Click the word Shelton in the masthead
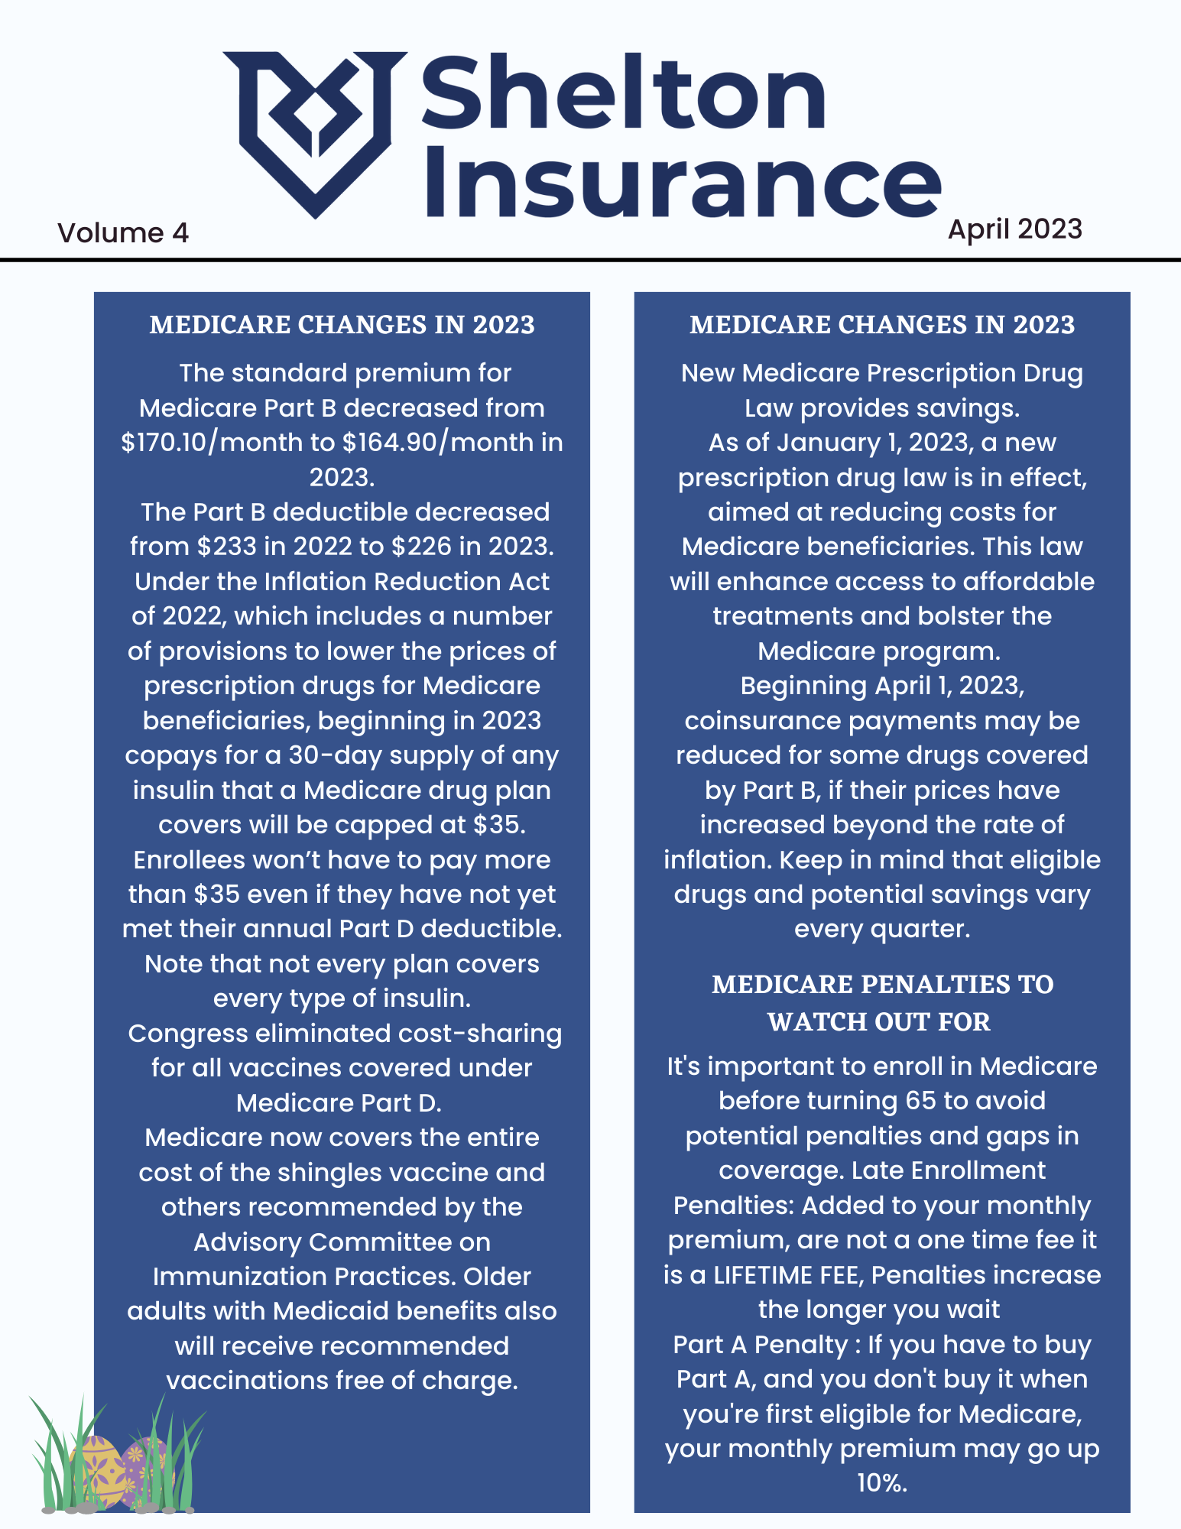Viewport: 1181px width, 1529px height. tap(623, 96)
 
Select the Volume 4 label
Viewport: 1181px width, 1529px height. tap(123, 232)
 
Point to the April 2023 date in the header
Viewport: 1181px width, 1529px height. tap(1014, 229)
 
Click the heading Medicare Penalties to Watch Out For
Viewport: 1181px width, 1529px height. tap(881, 1002)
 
